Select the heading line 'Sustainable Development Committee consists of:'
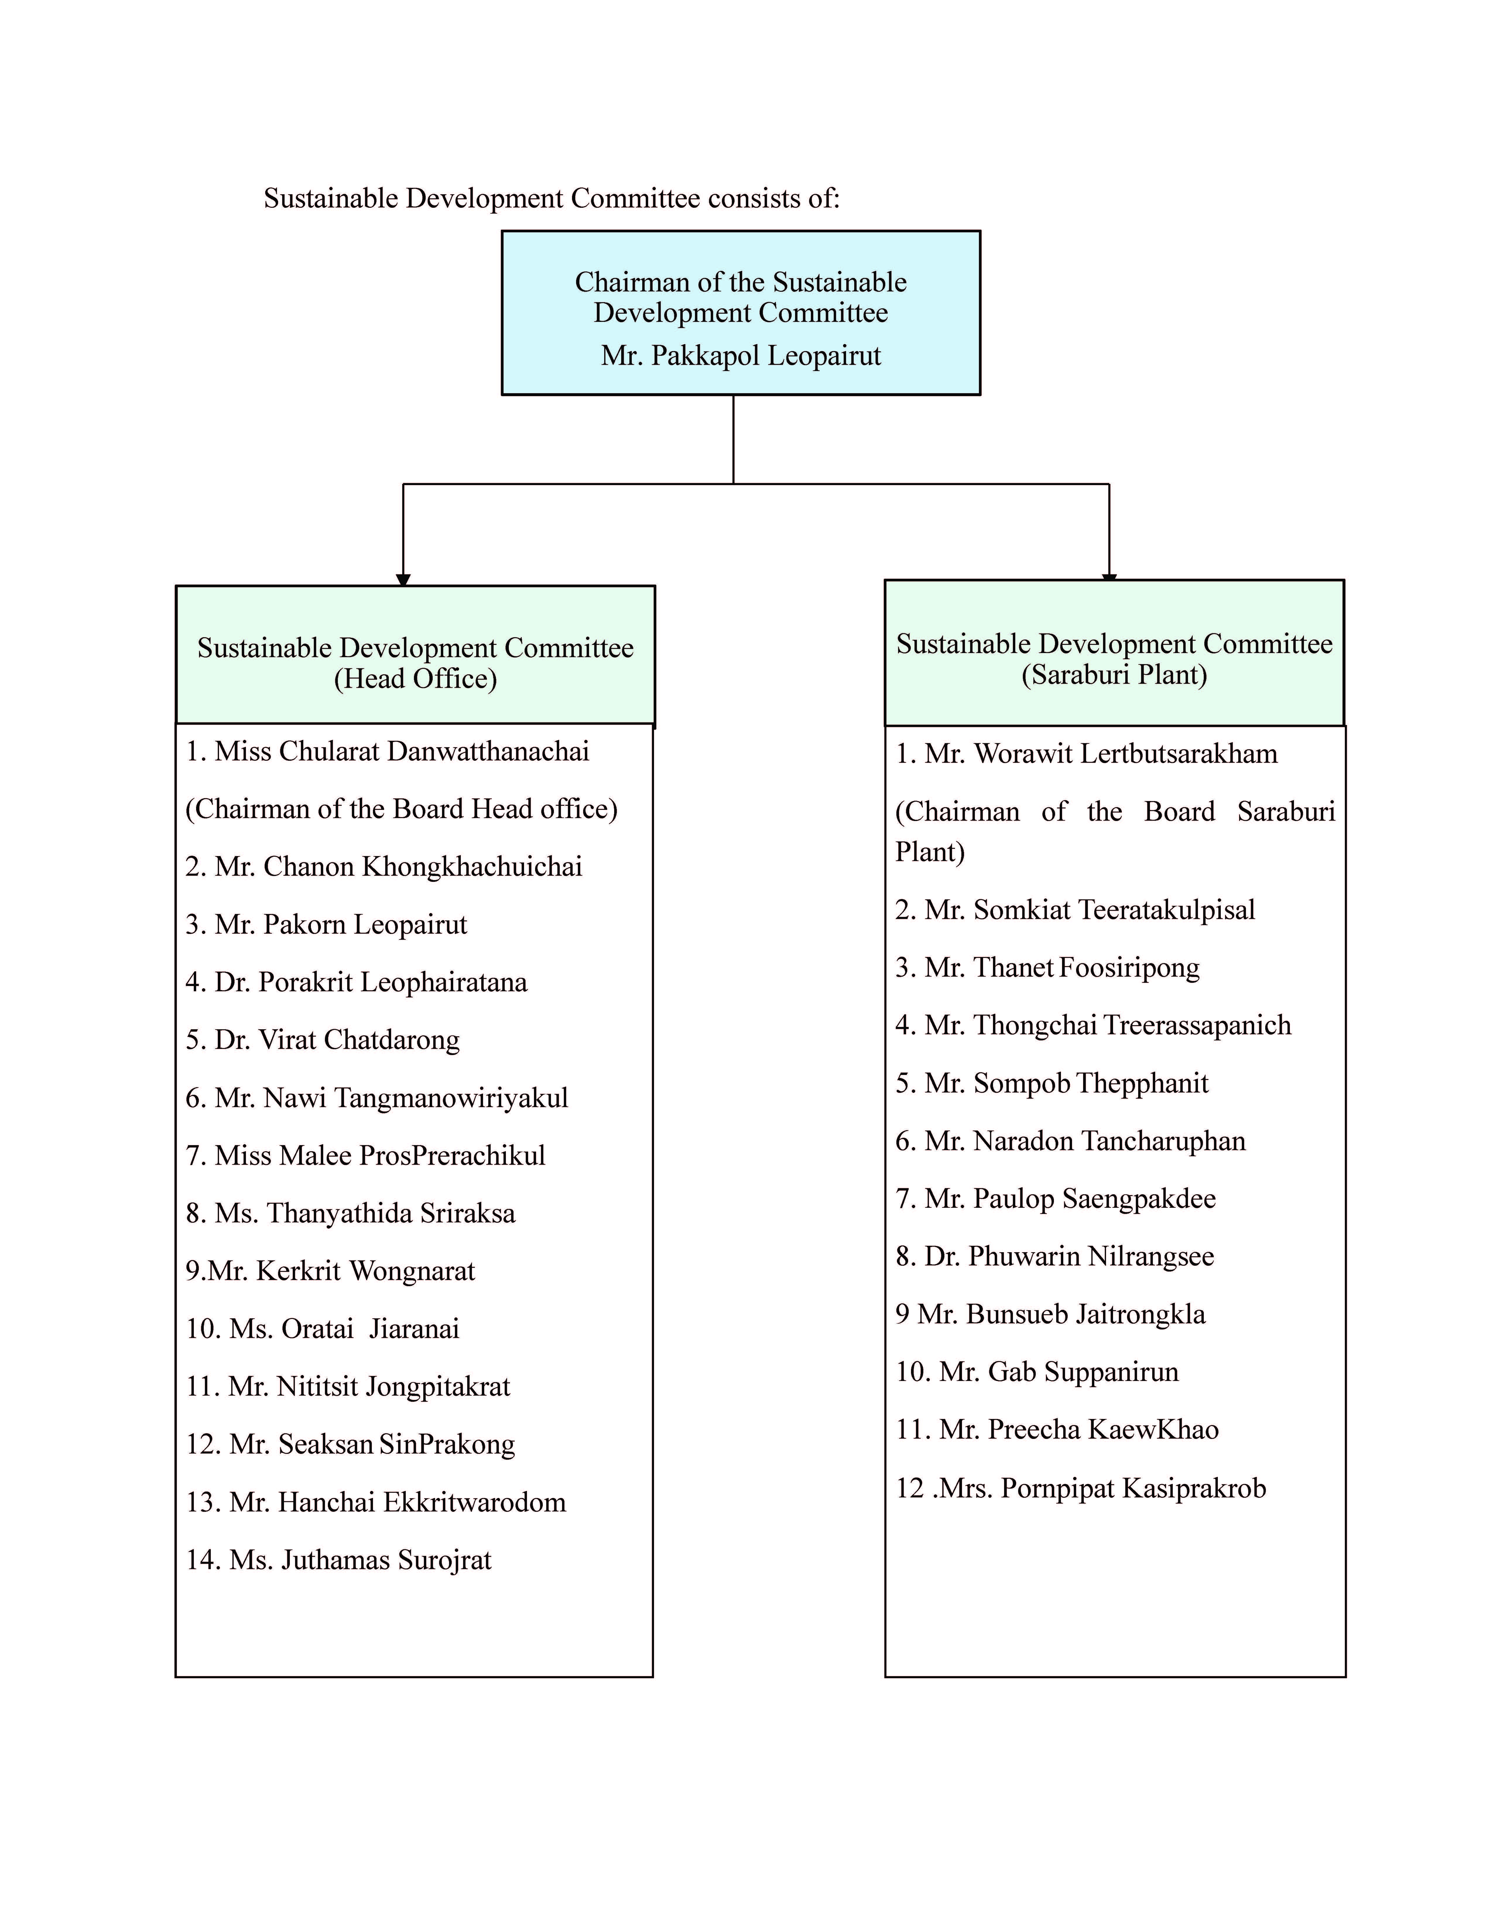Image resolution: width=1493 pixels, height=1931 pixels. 551,198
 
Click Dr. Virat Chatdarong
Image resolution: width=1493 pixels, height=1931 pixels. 323,1040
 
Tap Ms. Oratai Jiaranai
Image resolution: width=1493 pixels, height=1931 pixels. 323,1328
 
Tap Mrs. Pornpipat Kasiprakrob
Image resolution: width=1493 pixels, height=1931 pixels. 1081,1488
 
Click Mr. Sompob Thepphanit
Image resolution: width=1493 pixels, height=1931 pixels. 1052,1083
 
